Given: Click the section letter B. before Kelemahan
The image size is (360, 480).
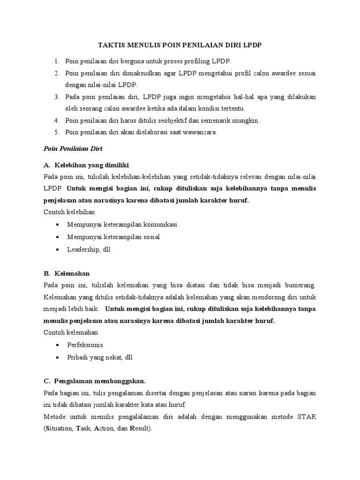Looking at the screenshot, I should coord(47,273).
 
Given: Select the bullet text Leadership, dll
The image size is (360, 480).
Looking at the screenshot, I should coord(89,249).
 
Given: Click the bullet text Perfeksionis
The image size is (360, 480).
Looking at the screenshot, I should coord(85,345).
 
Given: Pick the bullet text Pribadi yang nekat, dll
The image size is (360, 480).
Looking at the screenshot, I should coord(99,357).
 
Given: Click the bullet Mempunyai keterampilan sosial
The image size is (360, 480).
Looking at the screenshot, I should coord(113,237).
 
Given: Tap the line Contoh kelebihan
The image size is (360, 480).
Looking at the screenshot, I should coord(69,212).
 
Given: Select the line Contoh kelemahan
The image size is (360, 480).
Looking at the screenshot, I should coord(70,332).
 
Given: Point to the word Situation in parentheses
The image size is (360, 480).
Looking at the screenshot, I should coord(60,428).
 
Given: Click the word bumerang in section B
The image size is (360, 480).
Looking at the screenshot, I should coord(300,285).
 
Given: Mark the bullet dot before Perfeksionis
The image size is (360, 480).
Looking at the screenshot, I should coord(57,345).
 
